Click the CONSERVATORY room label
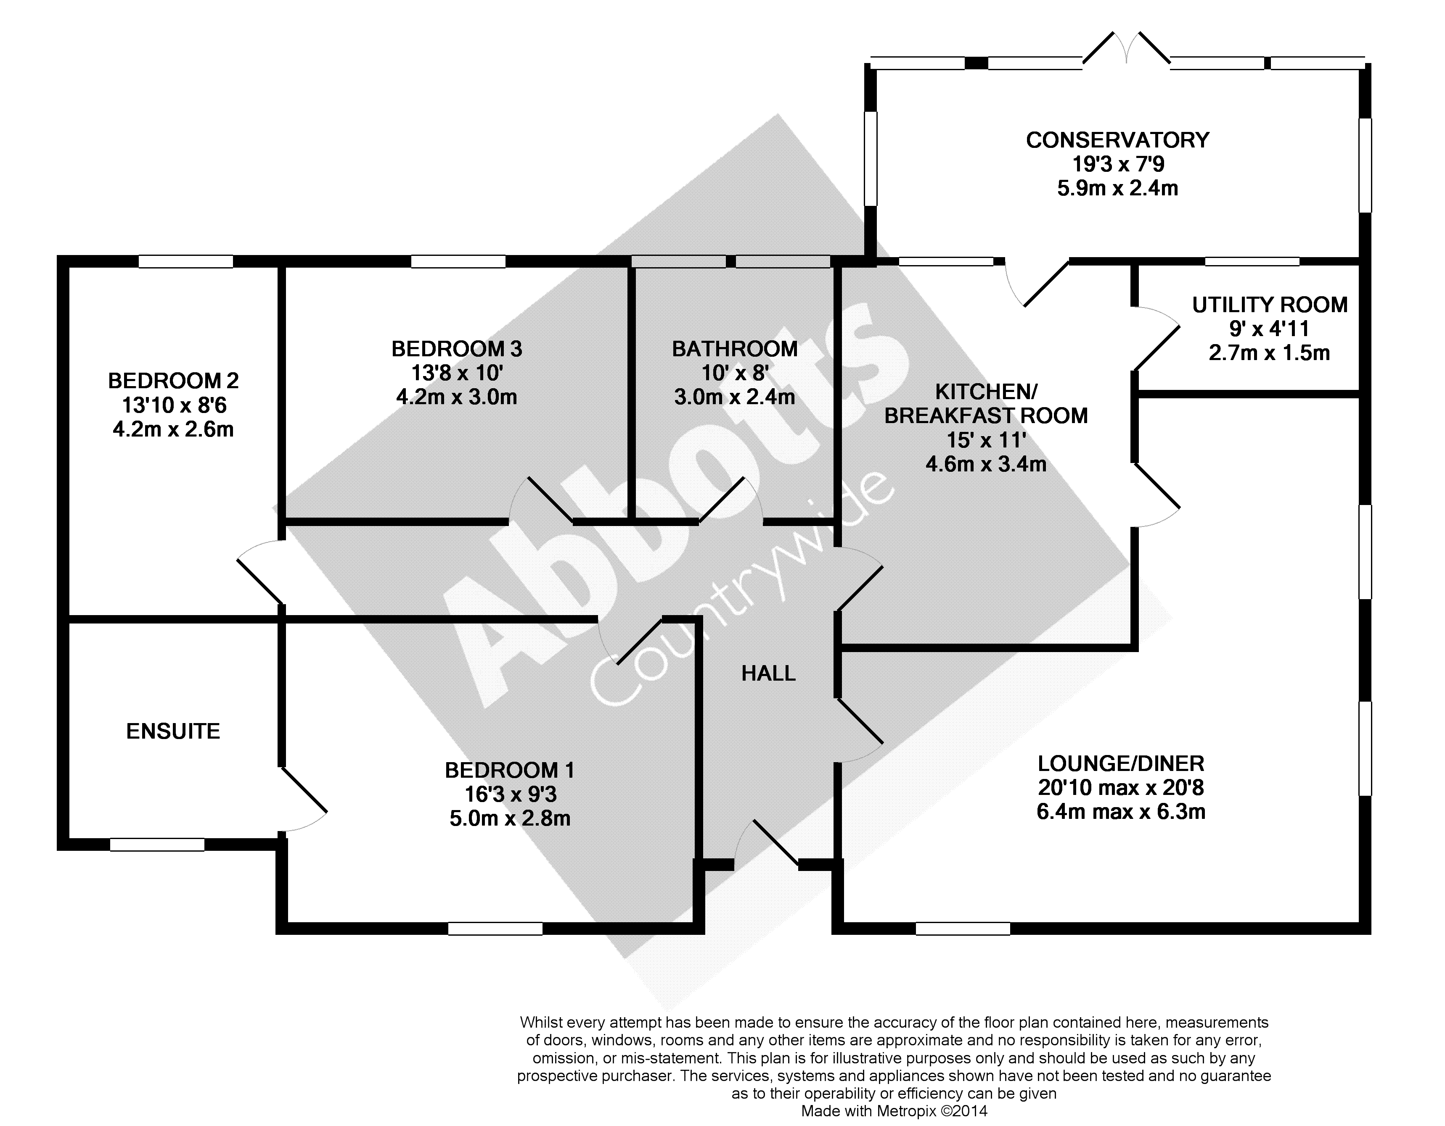[1117, 140]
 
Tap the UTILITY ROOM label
[1269, 305]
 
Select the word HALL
[768, 673]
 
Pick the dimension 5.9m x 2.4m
[1117, 189]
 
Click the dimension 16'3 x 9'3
[509, 794]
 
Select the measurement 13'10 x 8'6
[173, 405]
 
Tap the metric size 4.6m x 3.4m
[986, 464]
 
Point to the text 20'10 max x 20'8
[1121, 787]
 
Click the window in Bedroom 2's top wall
[186, 262]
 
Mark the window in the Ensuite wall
[157, 844]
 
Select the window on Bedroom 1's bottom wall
[495, 929]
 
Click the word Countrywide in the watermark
[741, 589]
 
